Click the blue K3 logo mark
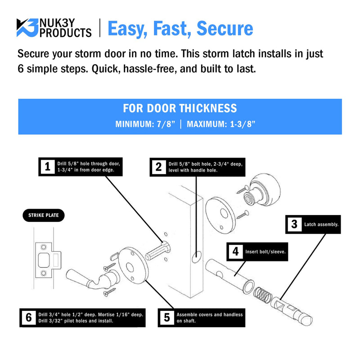(x=27, y=27)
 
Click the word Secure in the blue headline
(x=225, y=28)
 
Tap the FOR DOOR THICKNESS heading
(x=180, y=108)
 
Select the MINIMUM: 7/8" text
(x=145, y=124)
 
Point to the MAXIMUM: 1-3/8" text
(x=221, y=124)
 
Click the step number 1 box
(x=48, y=166)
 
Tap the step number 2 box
(x=159, y=167)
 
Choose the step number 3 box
(x=294, y=224)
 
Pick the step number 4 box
(x=235, y=252)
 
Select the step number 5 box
(x=167, y=318)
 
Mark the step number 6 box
(x=29, y=318)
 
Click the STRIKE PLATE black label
(x=44, y=216)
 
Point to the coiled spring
(x=263, y=295)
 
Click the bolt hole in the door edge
(x=197, y=257)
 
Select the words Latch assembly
(x=321, y=225)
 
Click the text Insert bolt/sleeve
(x=265, y=252)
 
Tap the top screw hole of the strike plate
(x=44, y=247)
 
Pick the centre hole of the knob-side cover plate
(x=224, y=213)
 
